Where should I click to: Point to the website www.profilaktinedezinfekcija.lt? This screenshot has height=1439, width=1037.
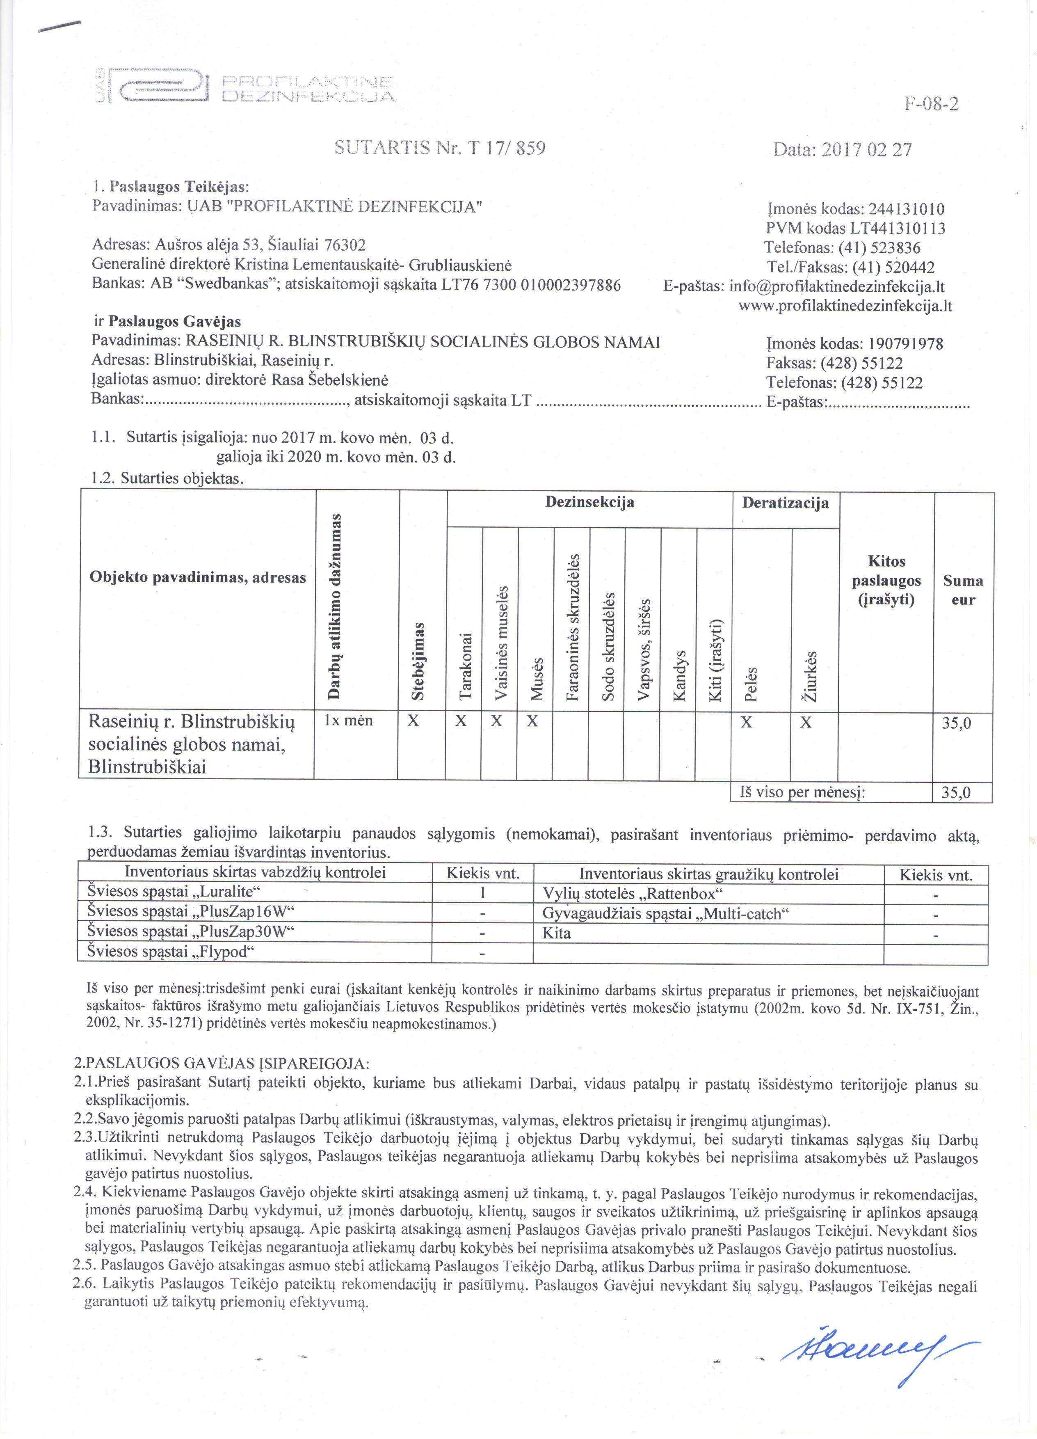845,306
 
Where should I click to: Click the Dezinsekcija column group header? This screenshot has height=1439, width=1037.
589,503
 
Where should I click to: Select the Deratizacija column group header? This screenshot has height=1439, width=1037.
785,503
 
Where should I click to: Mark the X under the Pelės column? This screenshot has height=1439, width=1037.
747,722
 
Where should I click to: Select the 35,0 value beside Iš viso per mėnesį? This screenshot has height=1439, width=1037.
957,792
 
